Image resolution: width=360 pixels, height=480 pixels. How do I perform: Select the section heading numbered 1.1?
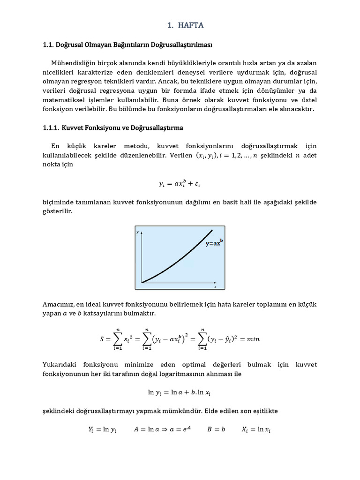pos(127,45)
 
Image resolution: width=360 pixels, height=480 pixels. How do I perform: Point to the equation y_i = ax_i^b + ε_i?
pos(180,184)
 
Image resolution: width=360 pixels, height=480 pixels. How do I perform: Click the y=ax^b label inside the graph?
pos(214,243)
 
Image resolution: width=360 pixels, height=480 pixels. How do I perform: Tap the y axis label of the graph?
pos(138,232)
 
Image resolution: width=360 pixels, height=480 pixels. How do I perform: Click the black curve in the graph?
pos(178,262)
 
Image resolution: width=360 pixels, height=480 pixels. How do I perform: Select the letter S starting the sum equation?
pos(102,339)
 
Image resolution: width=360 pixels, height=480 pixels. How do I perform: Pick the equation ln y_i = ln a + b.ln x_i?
pos(180,392)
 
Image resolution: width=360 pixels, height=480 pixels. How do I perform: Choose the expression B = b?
pos(216,429)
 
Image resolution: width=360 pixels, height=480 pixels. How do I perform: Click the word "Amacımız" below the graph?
pos(59,305)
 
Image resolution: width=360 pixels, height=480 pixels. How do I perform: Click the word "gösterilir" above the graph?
pos(58,212)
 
